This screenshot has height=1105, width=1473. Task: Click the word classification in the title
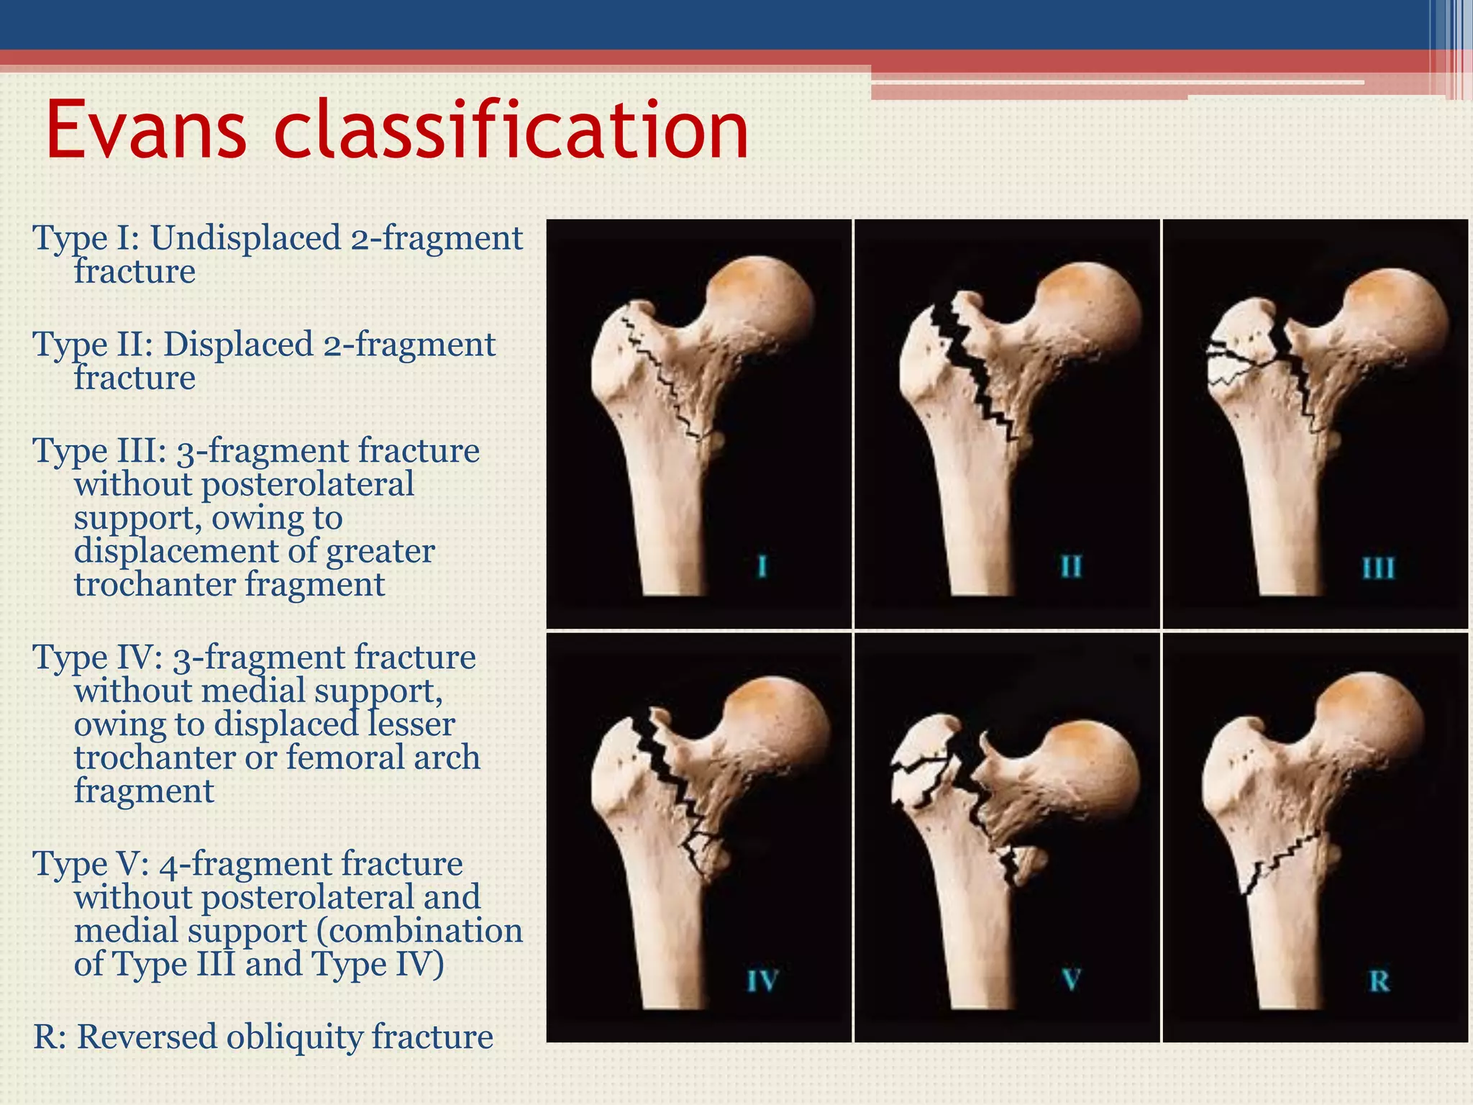point(511,131)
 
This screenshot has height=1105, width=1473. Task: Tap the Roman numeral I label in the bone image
point(762,567)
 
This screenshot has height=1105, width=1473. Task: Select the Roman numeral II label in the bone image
point(1071,567)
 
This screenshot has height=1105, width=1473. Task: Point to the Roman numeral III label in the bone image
point(1378,568)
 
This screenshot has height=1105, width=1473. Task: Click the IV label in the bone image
point(762,981)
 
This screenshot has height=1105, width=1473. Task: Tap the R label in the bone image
point(1379,981)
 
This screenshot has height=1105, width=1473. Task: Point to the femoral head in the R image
point(1374,719)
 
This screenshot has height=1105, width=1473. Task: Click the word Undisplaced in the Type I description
point(245,238)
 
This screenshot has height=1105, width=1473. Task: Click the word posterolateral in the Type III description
point(307,484)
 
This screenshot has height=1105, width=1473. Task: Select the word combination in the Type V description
point(424,931)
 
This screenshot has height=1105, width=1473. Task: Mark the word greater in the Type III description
point(380,551)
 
